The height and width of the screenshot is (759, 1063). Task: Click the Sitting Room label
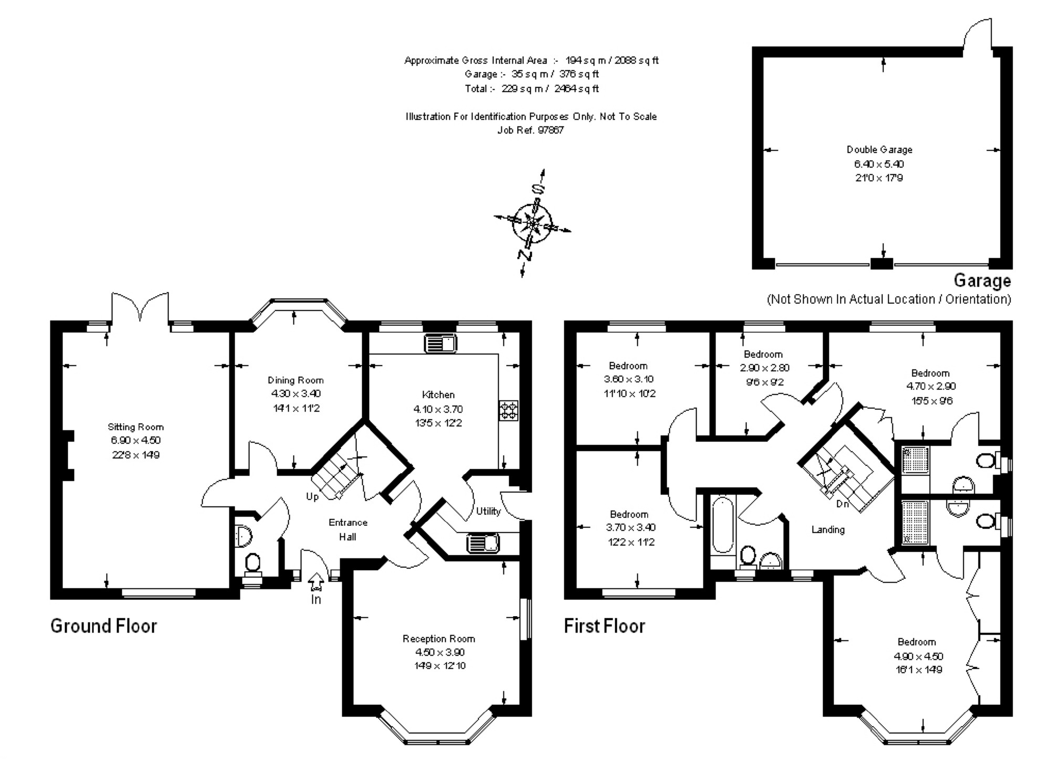(135, 427)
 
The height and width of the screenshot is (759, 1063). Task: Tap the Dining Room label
(296, 380)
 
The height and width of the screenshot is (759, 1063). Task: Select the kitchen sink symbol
(440, 344)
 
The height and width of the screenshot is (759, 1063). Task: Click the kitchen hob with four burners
(508, 410)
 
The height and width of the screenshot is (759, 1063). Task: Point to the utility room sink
(482, 543)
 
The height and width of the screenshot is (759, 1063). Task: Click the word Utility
(488, 511)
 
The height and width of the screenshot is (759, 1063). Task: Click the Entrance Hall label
(348, 530)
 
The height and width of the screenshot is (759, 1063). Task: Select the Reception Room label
(439, 639)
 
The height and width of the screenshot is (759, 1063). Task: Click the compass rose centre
(533, 223)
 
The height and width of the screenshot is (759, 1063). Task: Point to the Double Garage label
(879, 150)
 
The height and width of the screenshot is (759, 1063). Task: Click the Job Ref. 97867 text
(531, 130)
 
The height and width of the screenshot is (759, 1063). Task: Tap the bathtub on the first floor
(723, 525)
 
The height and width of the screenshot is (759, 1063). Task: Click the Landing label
(828, 530)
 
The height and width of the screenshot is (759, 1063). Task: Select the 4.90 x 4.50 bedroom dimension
(919, 656)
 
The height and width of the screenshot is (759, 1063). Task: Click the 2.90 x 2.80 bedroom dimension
(764, 368)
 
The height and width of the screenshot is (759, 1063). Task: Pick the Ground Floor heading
(103, 626)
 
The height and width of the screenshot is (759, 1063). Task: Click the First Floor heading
(604, 626)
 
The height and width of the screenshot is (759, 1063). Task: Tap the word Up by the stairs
(312, 497)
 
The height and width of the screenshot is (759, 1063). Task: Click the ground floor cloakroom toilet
(252, 564)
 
